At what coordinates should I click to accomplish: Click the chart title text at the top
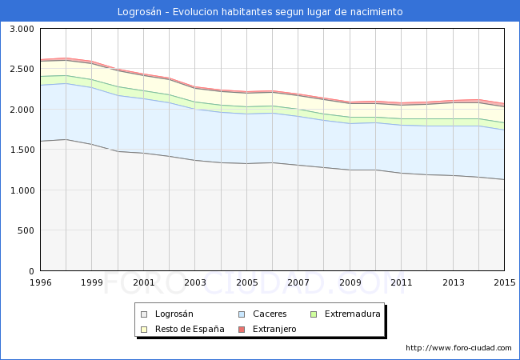click(x=260, y=12)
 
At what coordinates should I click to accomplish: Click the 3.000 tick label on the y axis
click(x=21, y=29)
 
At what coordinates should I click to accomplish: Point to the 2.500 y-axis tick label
click(x=21, y=70)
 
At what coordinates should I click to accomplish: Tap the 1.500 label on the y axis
click(x=21, y=150)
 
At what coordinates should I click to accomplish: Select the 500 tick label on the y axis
click(x=26, y=230)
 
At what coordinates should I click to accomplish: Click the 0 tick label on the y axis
click(x=31, y=271)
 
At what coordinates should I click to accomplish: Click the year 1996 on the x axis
click(x=40, y=282)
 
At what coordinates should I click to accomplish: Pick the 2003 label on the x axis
click(x=195, y=282)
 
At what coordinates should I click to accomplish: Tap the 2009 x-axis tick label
click(x=350, y=282)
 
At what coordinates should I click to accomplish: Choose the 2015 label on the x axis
click(x=504, y=282)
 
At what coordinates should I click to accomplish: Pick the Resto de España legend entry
click(x=189, y=329)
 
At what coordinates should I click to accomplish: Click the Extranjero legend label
click(x=274, y=329)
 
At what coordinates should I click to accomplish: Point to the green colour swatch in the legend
click(x=314, y=314)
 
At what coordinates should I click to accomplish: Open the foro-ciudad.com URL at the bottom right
click(x=458, y=348)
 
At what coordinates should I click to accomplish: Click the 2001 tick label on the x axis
click(x=143, y=282)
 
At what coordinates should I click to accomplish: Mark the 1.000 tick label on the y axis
click(x=21, y=190)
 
